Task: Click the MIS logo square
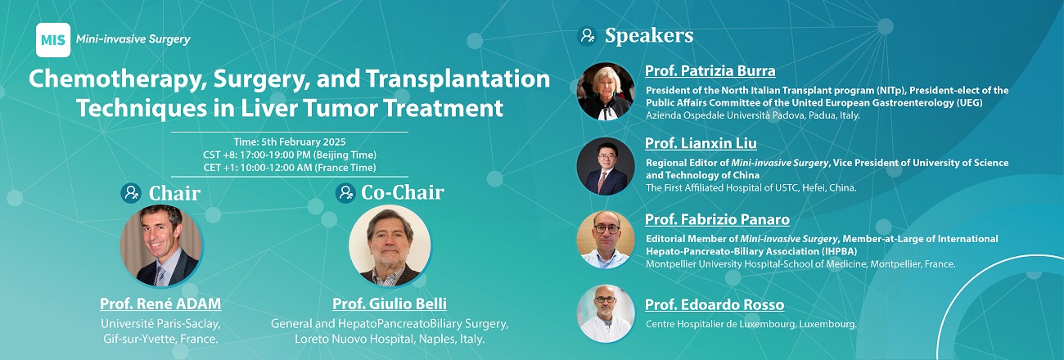pyautogui.click(x=53, y=40)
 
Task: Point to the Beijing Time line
pyautogui.click(x=290, y=155)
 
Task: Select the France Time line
pyautogui.click(x=290, y=168)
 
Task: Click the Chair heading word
pyautogui.click(x=174, y=193)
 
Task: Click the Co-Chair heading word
pyautogui.click(x=403, y=192)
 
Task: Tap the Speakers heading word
pyautogui.click(x=649, y=36)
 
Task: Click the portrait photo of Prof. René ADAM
pyautogui.click(x=161, y=246)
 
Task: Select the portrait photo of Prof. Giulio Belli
pyautogui.click(x=390, y=246)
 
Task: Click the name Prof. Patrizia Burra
pyautogui.click(x=710, y=70)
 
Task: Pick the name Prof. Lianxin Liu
pyautogui.click(x=701, y=143)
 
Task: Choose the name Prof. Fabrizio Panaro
pyautogui.click(x=717, y=219)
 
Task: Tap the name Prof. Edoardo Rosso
pyautogui.click(x=715, y=304)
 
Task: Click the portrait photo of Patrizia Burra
pyautogui.click(x=606, y=91)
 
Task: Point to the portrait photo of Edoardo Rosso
pyautogui.click(x=606, y=313)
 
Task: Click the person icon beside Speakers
pyautogui.click(x=587, y=36)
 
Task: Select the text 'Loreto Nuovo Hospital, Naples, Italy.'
pyautogui.click(x=390, y=339)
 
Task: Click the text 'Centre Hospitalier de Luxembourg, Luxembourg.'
pyautogui.click(x=751, y=324)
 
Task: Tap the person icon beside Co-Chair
pyautogui.click(x=345, y=193)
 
